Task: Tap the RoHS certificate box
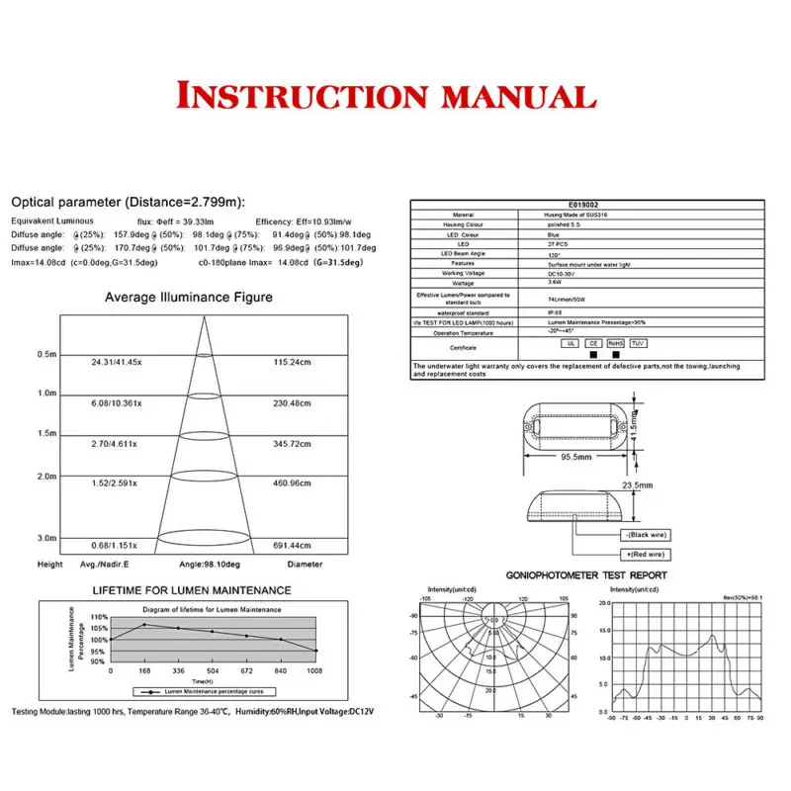tap(615, 343)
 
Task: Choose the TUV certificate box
tap(638, 343)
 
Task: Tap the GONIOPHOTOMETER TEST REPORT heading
tap(586, 574)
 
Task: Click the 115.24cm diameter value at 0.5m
tap(292, 363)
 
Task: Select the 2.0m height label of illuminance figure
tap(47, 476)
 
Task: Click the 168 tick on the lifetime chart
tap(144, 670)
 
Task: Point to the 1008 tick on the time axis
tap(315, 670)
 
